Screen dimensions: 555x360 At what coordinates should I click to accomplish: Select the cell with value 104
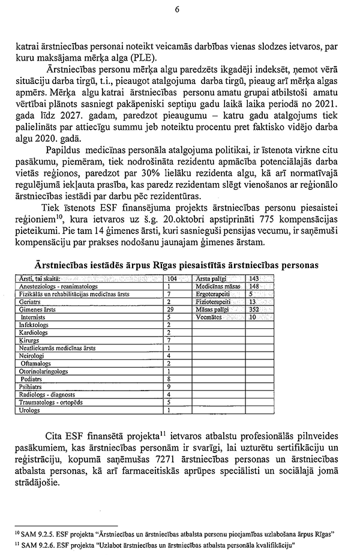tap(172, 279)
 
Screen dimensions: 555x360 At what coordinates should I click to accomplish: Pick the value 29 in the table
tap(170, 308)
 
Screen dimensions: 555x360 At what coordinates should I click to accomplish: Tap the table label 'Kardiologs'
tap(34, 332)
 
